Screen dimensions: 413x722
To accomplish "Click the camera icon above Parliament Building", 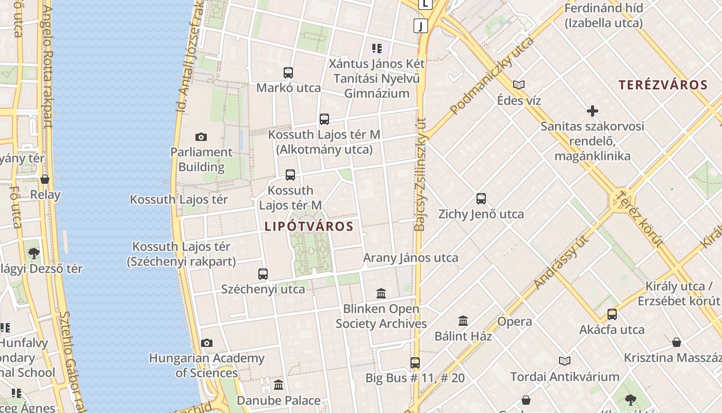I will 201,137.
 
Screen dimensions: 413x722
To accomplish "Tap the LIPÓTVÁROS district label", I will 309,226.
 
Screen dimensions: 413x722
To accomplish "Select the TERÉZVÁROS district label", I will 663,85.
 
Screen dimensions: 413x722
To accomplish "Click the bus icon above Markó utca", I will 288,73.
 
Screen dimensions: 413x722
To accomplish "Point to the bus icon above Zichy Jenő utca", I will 481,199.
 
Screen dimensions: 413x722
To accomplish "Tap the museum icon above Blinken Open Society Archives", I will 381,293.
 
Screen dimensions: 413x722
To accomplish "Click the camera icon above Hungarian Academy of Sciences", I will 206,343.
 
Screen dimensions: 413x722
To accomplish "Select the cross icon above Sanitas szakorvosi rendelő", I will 593,110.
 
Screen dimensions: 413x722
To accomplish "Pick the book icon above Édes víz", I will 519,85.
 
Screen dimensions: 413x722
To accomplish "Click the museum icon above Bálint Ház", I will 463,321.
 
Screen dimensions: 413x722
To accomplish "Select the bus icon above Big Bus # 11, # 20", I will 415,362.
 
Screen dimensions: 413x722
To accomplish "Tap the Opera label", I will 515,322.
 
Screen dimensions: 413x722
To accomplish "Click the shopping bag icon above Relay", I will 45,179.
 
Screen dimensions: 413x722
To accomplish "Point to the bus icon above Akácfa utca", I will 612,314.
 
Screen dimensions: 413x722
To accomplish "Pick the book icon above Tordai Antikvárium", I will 565,361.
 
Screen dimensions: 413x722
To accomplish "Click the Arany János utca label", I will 411,258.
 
